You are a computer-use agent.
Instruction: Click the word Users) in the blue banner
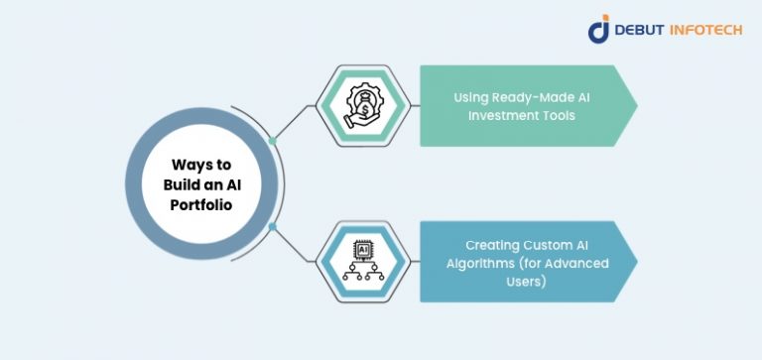(526, 281)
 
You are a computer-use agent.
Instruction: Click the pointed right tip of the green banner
(635, 105)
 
